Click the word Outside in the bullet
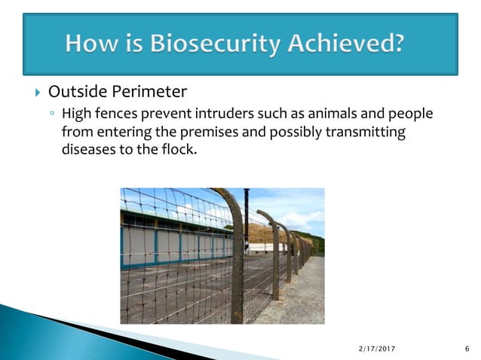[x=78, y=93]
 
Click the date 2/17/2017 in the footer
[x=376, y=348]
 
